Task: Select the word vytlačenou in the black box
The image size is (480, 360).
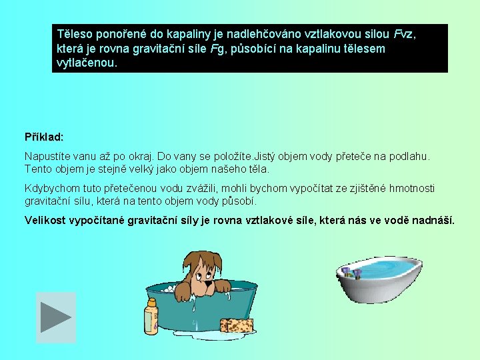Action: pyautogui.click(x=87, y=64)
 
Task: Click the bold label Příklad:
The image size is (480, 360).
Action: pyautogui.click(x=44, y=137)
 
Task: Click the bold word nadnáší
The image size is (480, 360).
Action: pyautogui.click(x=434, y=220)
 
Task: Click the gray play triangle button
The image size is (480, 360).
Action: pyautogui.click(x=55, y=317)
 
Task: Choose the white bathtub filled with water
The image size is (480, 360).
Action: pyautogui.click(x=378, y=279)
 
